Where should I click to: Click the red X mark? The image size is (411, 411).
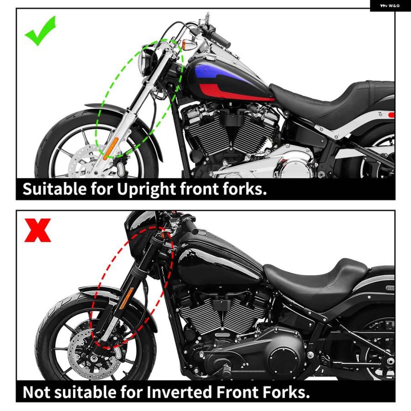pos(37,231)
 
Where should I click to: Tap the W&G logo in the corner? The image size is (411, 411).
pos(390,6)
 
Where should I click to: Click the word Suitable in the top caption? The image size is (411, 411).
pos(54,189)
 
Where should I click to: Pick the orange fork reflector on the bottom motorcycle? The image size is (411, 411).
pos(127,298)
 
